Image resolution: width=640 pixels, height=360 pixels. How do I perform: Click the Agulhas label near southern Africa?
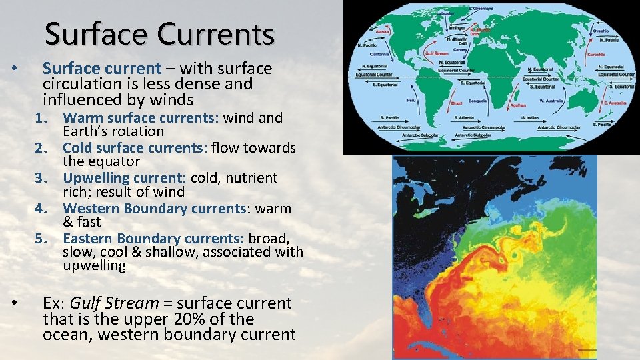pos(517,105)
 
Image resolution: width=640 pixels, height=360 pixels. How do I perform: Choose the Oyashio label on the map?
pos(601,30)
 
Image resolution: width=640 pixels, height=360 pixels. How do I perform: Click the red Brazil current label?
pos(457,103)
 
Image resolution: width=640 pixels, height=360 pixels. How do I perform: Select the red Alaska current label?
pos(383,31)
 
